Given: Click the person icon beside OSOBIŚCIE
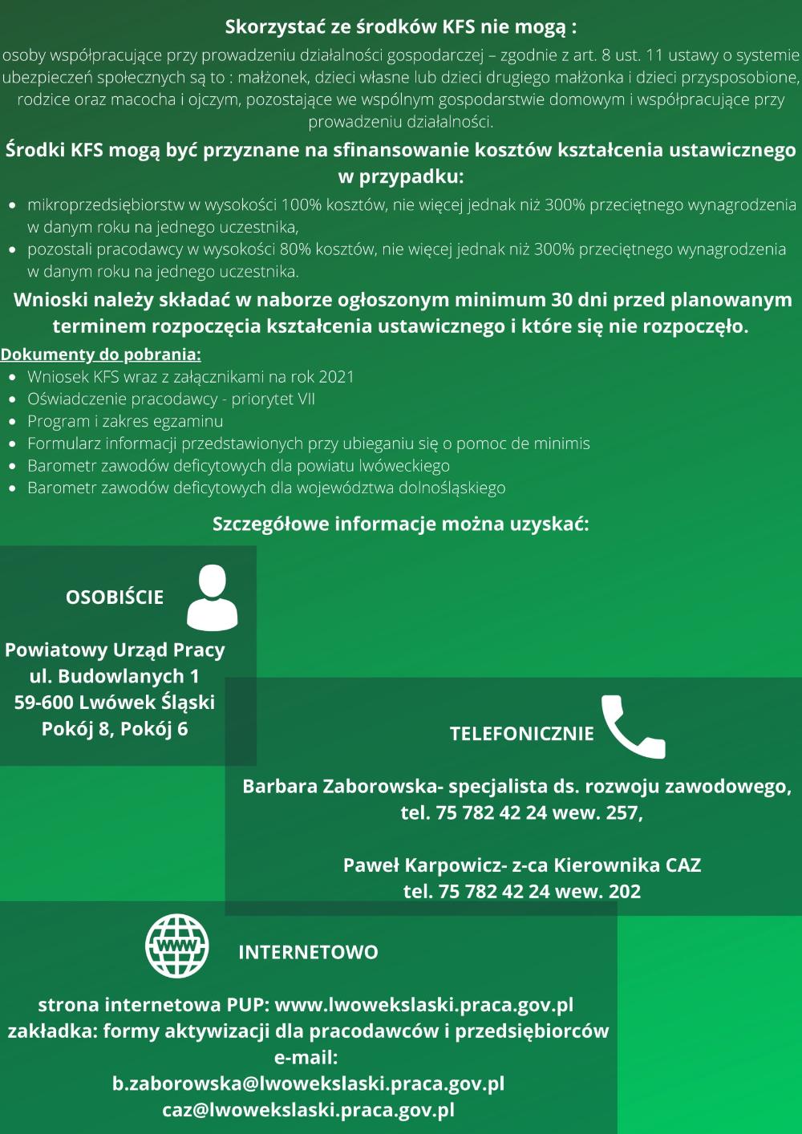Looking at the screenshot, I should coord(212,597).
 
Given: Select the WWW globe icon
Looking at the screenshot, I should coord(177,947).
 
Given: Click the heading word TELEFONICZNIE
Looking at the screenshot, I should coord(522,734).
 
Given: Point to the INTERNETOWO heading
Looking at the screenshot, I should coord(308,953).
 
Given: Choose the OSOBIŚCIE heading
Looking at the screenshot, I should coord(115,597).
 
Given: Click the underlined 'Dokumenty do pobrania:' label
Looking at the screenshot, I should coord(100,354).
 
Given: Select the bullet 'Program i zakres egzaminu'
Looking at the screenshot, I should coord(125,421).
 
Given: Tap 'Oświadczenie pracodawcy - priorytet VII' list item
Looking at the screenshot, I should coord(171,399).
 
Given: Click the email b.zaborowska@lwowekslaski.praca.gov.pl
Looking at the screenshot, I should coord(308,1083).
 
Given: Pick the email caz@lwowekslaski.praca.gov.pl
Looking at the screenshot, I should coord(308,1110).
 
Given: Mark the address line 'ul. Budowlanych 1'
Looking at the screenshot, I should coord(115,676).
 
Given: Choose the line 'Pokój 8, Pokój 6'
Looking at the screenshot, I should coord(115,729).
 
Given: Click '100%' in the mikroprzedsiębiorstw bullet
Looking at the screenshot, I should coord(301,205).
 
